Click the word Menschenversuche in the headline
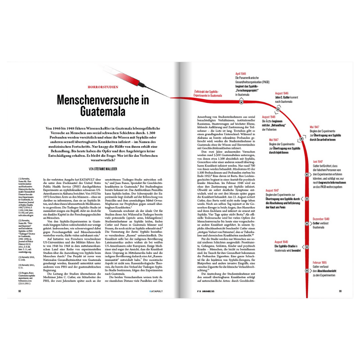point(96,100)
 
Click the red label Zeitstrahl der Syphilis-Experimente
point(208,93)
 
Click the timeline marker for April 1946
point(241,102)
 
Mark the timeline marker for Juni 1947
point(307,175)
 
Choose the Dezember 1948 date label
point(321,219)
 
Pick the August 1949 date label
point(283,242)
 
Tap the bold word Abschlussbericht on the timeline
point(326,271)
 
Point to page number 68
point(19,291)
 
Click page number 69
point(340,291)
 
